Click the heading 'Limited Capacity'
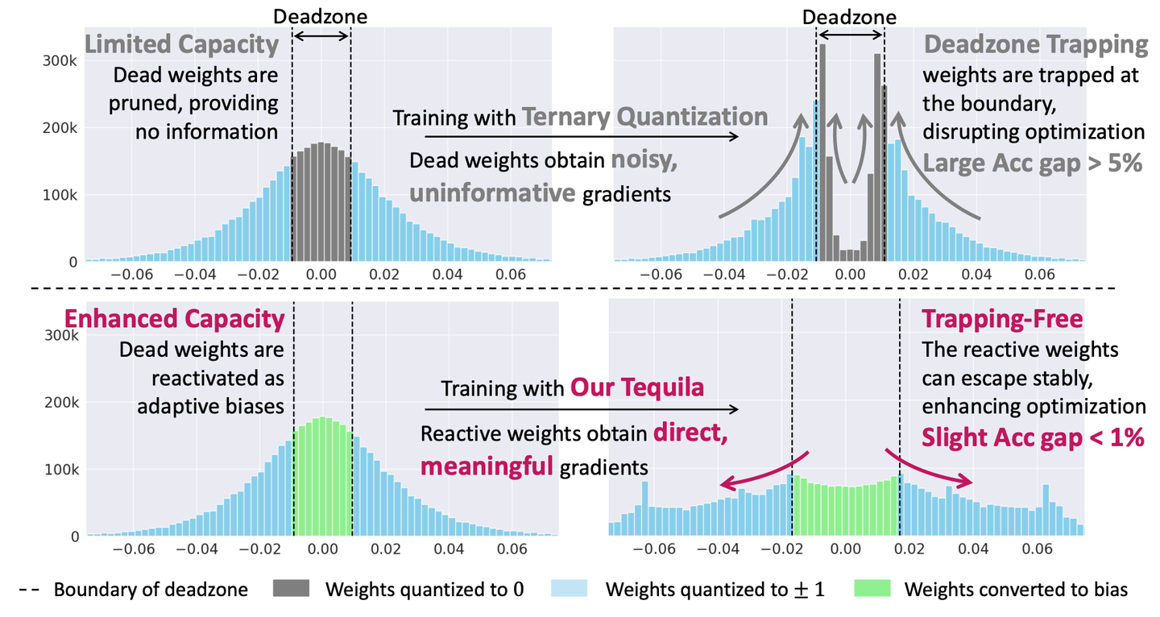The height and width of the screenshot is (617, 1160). point(181,46)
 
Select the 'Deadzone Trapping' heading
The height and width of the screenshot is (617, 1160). point(1035,45)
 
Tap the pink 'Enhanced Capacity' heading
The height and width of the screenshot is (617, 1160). point(175,319)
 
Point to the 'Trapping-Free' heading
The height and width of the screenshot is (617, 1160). point(1002,319)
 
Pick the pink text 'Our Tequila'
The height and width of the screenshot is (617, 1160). point(637,387)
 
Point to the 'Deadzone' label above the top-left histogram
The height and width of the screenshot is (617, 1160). point(321,16)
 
